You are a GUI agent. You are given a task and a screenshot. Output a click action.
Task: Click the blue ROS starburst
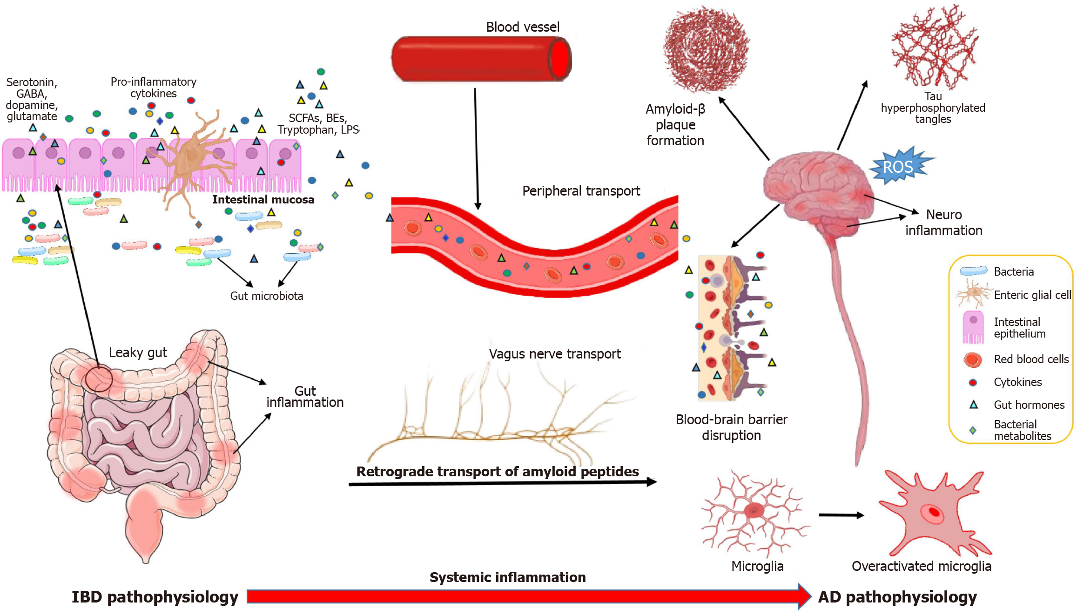pos(899,166)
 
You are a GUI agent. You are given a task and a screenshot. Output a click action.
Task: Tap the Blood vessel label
pos(522,27)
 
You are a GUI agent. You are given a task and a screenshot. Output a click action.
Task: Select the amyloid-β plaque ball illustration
pos(706,49)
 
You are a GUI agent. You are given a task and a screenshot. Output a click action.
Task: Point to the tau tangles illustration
pos(934,47)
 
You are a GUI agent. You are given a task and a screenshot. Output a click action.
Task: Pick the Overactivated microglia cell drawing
pos(933,514)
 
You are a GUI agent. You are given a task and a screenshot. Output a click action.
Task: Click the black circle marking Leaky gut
pos(99,379)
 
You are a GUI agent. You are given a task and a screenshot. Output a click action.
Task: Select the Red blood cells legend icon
pos(973,359)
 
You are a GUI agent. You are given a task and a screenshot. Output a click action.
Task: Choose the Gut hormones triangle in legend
pos(973,405)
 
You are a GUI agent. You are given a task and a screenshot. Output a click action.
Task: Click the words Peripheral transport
pos(581,191)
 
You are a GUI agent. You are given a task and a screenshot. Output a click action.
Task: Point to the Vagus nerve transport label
pos(554,354)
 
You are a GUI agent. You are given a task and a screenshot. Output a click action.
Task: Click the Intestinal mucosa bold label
pos(263,200)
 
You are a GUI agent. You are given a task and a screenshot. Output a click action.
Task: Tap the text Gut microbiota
pos(266,296)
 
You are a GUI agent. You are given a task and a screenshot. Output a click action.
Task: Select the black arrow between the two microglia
pos(841,515)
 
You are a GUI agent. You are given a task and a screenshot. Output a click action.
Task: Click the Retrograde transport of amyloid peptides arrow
pos(503,483)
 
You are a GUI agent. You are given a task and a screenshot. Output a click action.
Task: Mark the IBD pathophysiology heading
pos(155,597)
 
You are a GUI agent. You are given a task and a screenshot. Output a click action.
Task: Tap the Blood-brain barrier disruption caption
pos(731,427)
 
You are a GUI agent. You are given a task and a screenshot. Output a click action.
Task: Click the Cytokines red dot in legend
pos(972,383)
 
